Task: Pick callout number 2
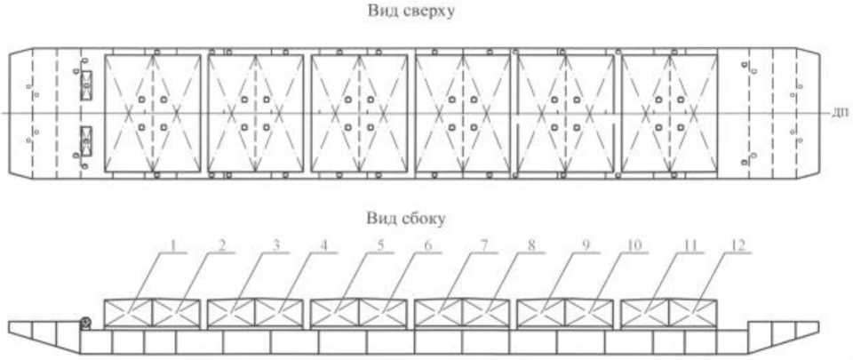coord(222,246)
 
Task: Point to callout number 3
coord(276,246)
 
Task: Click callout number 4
coord(325,246)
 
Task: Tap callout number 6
coord(428,246)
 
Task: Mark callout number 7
coord(483,246)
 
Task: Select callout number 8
coord(531,246)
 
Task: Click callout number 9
coord(586,246)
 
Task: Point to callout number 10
coord(634,246)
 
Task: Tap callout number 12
coord(737,246)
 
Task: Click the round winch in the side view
coord(85,324)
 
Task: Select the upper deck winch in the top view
coord(86,86)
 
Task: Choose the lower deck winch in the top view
coord(86,140)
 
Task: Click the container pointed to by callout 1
coord(128,315)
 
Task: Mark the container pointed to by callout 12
coord(692,315)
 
